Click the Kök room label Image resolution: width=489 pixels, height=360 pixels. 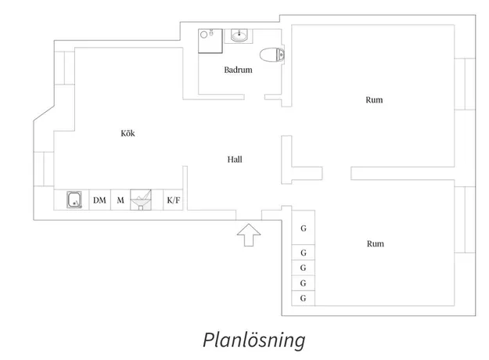128,133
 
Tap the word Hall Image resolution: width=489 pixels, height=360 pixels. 235,159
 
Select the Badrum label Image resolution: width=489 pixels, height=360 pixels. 238,70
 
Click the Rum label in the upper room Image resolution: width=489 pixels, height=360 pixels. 375,99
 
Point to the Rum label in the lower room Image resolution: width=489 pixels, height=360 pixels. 376,243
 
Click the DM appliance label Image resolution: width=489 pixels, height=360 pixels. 99,200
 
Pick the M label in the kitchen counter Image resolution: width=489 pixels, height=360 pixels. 120,200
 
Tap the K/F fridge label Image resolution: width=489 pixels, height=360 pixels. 173,200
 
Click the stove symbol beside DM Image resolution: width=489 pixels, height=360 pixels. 74,200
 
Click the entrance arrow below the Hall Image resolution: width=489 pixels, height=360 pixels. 249,234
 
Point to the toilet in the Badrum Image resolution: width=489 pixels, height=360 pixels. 271,55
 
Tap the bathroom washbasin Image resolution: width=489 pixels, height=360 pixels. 239,35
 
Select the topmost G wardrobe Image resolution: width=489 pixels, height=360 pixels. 303,229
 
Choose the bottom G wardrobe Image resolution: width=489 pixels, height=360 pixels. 303,298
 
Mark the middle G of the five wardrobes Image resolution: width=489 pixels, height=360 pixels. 303,268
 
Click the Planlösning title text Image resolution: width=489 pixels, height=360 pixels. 253,340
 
